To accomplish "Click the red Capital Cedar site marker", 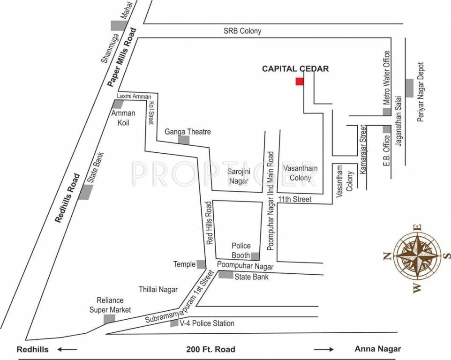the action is tap(300, 82).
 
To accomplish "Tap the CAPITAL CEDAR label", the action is tap(295, 69).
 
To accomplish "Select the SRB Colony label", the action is tap(242, 31).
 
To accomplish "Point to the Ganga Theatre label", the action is tap(188, 132).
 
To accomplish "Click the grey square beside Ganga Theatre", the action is tap(183, 140).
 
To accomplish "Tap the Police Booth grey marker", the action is tap(255, 256).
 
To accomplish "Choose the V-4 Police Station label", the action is tap(208, 323).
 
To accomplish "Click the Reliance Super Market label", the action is tap(110, 305).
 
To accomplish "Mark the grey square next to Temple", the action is tap(201, 264).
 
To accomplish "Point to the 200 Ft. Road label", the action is tap(210, 349).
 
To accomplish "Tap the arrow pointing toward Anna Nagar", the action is tap(324, 349).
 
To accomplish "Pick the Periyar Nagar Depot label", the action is tap(421, 92).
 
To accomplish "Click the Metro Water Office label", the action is tap(387, 77).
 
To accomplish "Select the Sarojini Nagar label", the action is tap(239, 176).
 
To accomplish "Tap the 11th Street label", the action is tap(294, 199).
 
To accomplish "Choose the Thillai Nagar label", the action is tap(158, 290).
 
